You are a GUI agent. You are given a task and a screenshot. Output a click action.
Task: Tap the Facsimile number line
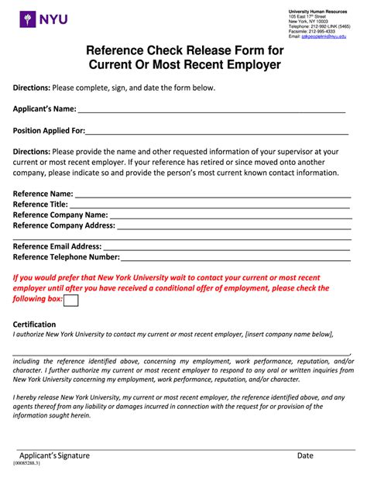[314, 31]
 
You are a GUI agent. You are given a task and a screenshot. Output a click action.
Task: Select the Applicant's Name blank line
[211, 111]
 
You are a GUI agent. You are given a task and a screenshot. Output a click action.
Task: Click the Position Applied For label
[49, 131]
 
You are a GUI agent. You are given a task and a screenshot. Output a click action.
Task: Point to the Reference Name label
[43, 194]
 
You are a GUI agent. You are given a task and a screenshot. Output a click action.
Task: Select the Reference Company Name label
[60, 215]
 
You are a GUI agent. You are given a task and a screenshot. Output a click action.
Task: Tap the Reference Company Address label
[64, 225]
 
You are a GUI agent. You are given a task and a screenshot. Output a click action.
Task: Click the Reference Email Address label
[57, 246]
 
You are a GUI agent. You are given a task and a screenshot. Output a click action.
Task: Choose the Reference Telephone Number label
[67, 257]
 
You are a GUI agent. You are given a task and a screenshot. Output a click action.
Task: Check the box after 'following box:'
[70, 300]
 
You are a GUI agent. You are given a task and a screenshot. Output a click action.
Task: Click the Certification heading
[35, 325]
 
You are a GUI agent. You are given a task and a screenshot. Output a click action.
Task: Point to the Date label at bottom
[305, 455]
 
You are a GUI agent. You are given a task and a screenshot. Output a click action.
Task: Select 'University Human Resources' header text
[318, 11]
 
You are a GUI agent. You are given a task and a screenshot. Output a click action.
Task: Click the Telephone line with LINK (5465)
[319, 26]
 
